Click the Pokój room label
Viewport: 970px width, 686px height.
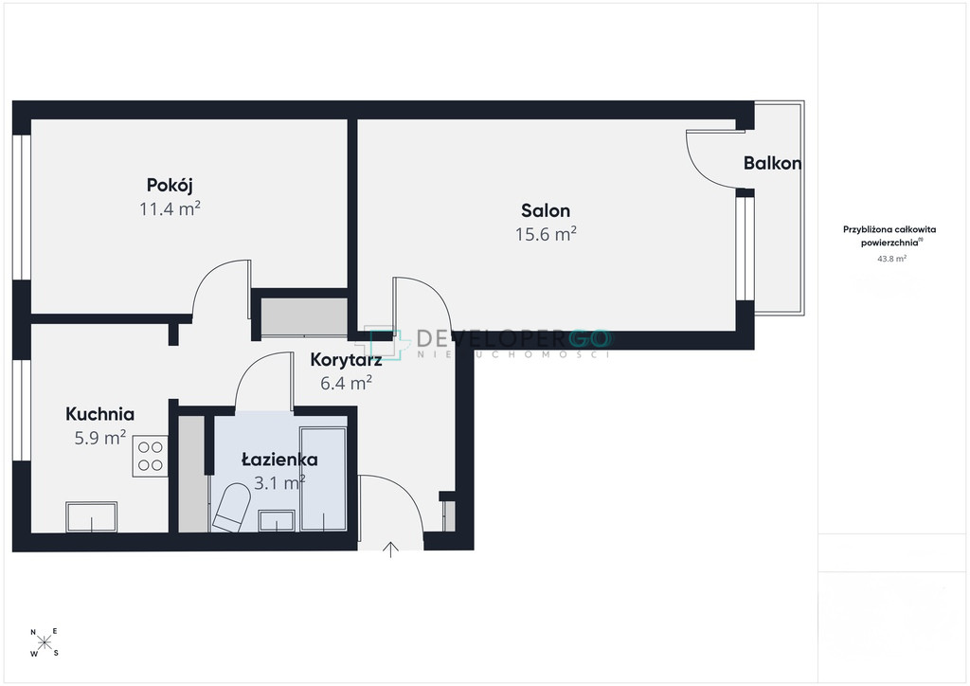click(x=170, y=185)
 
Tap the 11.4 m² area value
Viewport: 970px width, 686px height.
click(x=170, y=208)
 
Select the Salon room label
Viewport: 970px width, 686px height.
click(x=545, y=210)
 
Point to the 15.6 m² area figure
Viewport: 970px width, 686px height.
click(x=546, y=234)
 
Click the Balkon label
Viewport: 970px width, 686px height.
click(x=772, y=163)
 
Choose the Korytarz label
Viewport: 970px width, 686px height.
click(x=346, y=359)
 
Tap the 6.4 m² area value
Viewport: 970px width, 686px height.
click(x=346, y=383)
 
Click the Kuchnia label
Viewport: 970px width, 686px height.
click(x=99, y=414)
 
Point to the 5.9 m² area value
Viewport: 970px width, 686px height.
click(x=99, y=438)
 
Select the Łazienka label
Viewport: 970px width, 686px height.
click(x=279, y=460)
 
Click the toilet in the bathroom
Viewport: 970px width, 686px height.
click(x=231, y=507)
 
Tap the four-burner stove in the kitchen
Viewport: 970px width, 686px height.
click(x=150, y=456)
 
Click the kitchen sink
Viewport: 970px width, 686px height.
click(x=92, y=517)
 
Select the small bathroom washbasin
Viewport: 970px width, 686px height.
click(x=277, y=521)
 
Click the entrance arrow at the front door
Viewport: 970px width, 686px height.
click(x=390, y=550)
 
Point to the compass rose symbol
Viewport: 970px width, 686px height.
click(x=45, y=642)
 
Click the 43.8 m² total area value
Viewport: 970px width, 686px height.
click(x=891, y=259)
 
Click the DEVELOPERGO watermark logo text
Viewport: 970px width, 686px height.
click(x=513, y=338)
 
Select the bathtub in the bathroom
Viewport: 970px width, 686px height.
click(x=323, y=478)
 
